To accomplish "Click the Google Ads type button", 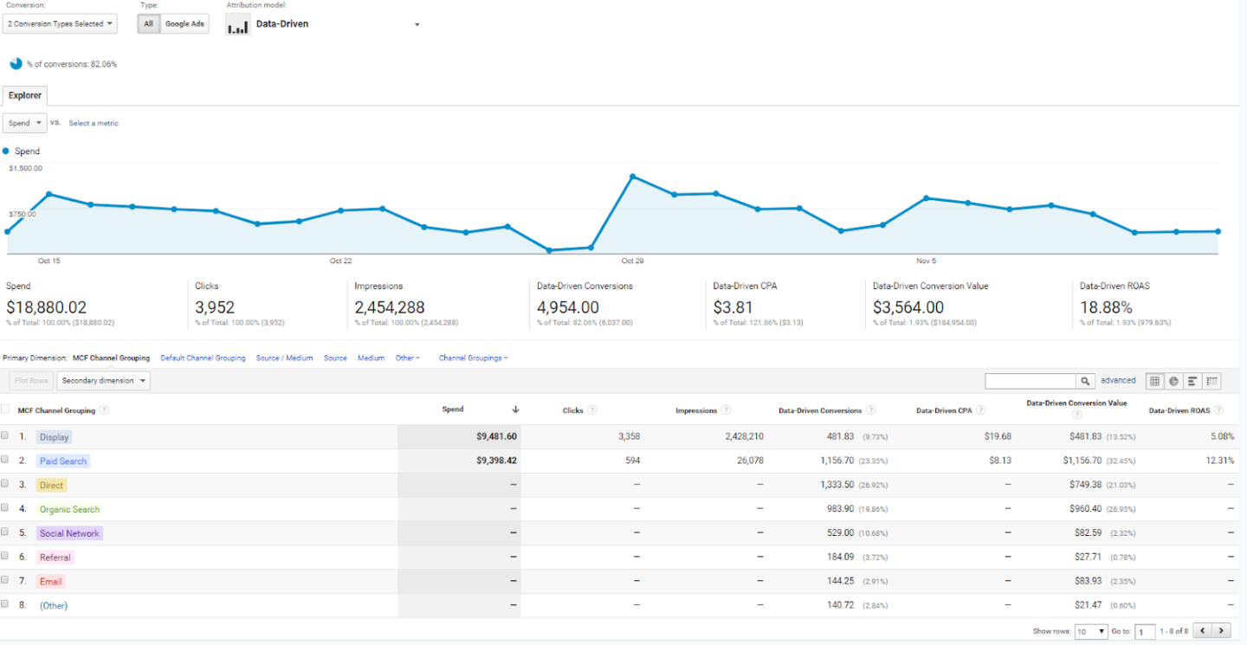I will [184, 23].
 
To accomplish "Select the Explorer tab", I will [25, 95].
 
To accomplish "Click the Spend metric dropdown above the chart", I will [25, 123].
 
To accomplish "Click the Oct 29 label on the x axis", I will [632, 261].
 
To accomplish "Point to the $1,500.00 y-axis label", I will [26, 168].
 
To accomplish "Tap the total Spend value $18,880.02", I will [47, 307].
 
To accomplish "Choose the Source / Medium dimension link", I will [285, 358].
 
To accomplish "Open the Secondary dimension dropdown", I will [103, 381].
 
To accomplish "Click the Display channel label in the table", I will [54, 437].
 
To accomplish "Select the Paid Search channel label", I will [63, 461].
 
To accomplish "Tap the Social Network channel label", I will [69, 533].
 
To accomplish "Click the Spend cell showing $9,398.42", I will [496, 461].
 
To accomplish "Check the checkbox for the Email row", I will [5, 580].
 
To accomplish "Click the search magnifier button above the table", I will [1085, 381].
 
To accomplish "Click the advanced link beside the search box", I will [1118, 380].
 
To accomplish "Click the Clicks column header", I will [572, 410].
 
